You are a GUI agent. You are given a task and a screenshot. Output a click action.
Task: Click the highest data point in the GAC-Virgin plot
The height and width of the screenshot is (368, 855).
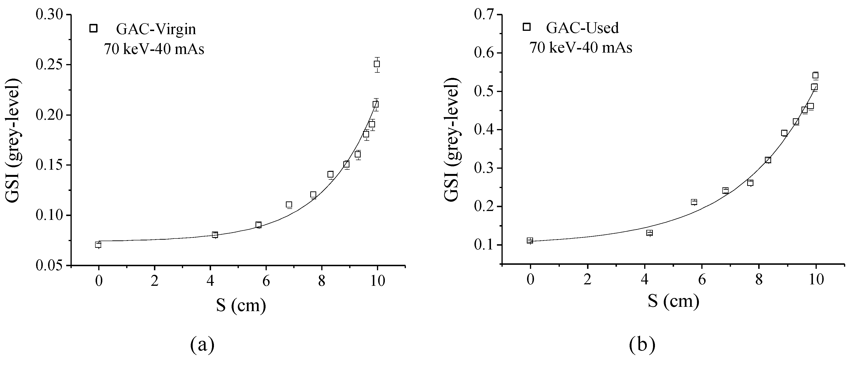[x=377, y=64]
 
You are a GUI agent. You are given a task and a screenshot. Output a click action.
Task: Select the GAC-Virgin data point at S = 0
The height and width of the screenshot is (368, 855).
[x=98, y=244]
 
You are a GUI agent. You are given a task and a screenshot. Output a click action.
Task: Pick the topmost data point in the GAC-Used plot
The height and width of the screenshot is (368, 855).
[x=815, y=75]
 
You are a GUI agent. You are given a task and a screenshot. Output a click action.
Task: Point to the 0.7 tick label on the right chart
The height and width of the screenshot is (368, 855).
[x=486, y=15]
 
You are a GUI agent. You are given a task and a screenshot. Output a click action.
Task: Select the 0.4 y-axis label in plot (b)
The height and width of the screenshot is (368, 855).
[x=486, y=130]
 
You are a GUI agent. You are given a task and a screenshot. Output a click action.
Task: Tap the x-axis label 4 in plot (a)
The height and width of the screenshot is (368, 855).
[x=210, y=281]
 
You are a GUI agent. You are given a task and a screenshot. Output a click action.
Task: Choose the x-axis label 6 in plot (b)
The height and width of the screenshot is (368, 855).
[x=702, y=280]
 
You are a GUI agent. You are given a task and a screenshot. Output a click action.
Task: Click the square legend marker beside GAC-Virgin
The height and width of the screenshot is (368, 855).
[x=94, y=28]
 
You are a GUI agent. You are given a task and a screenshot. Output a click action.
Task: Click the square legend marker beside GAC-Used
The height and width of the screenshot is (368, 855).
[x=526, y=27]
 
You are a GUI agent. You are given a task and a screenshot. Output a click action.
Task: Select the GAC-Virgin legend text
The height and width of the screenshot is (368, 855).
[x=156, y=30]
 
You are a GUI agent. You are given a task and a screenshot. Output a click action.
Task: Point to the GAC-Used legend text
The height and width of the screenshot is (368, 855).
[x=583, y=28]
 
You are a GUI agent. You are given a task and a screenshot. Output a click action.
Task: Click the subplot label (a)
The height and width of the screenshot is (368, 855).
[x=202, y=345]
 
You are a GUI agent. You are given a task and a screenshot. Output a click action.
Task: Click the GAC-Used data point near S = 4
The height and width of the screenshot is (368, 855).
[x=649, y=233]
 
